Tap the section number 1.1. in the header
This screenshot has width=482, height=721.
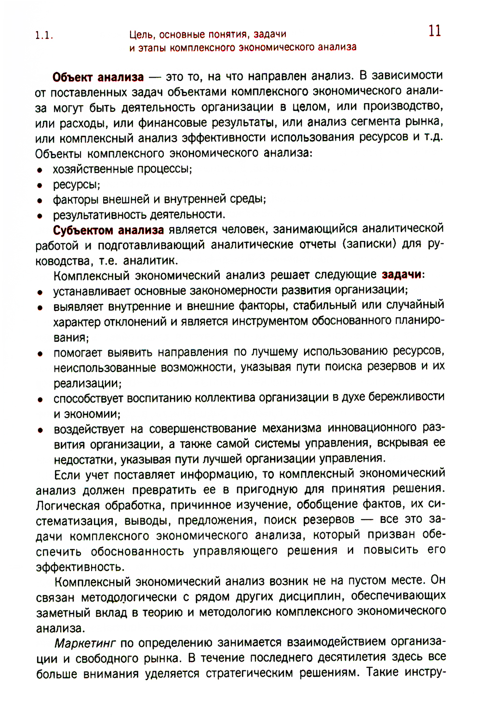pos(44,36)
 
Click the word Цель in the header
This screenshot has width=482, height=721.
pos(142,35)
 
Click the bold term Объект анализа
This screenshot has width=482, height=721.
pos(98,77)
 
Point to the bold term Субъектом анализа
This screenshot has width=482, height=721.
pos(108,230)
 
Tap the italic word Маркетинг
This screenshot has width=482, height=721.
pos(85,643)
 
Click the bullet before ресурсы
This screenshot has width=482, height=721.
pos(40,186)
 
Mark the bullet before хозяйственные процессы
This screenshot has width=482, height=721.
pos(40,170)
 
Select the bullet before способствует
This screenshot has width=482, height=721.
pos(40,400)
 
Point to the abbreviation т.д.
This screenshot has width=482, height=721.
pos(433,137)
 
